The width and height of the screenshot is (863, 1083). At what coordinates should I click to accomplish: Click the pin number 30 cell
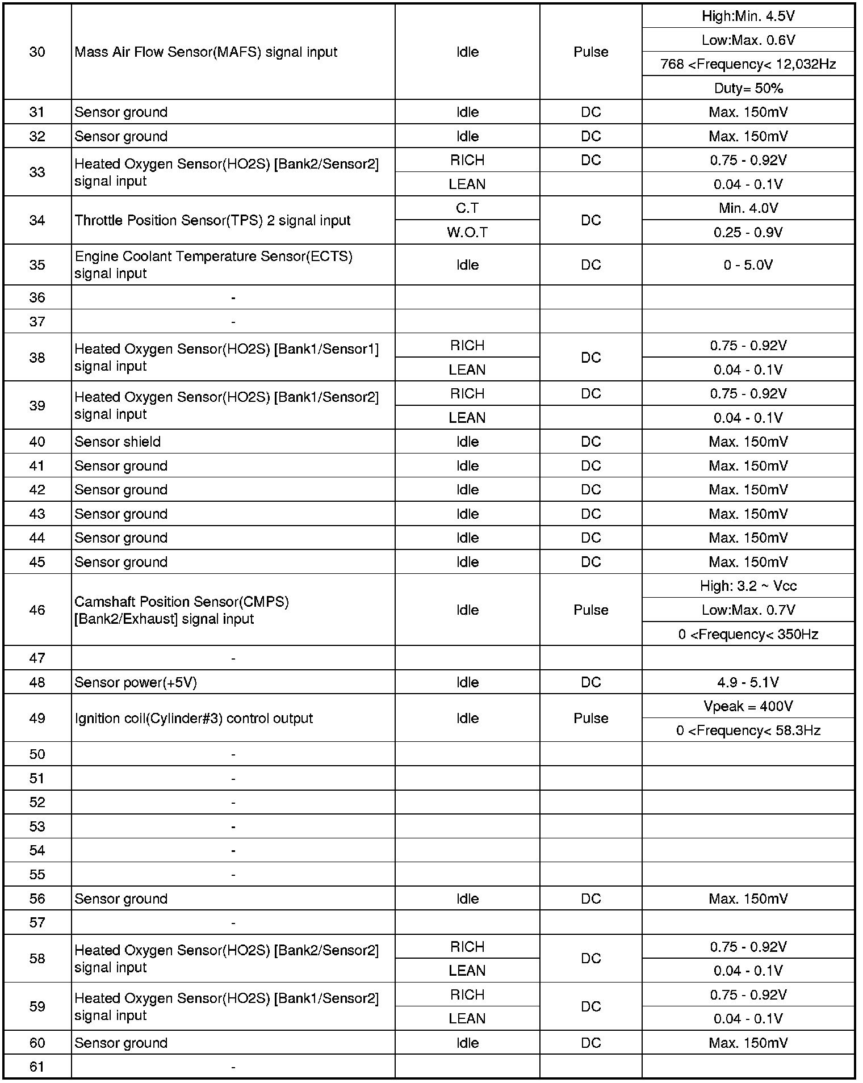point(37,52)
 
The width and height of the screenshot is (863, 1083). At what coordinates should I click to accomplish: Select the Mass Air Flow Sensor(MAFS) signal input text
point(206,52)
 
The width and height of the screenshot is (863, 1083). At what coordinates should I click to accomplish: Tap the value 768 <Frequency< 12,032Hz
point(748,64)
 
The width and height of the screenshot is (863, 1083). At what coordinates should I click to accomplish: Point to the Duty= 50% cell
point(748,89)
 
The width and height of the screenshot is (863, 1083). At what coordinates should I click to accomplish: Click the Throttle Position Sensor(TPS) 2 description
point(212,220)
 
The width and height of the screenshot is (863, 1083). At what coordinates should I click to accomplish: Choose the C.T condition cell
point(467,208)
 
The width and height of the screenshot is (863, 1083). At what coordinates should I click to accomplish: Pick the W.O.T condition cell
point(467,232)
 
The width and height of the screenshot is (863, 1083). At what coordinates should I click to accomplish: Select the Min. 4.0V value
point(748,208)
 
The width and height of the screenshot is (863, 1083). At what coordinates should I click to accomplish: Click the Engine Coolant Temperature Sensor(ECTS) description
point(213,265)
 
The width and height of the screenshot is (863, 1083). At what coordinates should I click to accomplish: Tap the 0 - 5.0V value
point(748,265)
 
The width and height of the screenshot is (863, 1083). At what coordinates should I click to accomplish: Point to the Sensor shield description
point(118,442)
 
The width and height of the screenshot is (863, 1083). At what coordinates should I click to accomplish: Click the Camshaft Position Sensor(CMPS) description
point(182,610)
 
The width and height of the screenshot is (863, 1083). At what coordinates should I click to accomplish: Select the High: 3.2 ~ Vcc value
point(748,586)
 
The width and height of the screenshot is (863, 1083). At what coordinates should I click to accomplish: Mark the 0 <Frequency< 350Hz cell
point(748,634)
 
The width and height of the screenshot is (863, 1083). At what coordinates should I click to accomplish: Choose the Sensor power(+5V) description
point(136,682)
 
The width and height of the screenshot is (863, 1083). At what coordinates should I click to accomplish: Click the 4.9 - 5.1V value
point(748,682)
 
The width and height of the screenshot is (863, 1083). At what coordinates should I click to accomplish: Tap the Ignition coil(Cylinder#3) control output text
point(194,718)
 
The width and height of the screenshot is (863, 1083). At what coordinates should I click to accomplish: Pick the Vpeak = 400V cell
point(748,706)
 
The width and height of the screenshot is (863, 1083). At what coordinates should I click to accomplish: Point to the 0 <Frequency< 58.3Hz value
point(748,731)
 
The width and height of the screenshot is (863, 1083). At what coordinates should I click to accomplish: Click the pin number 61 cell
point(37,1067)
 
